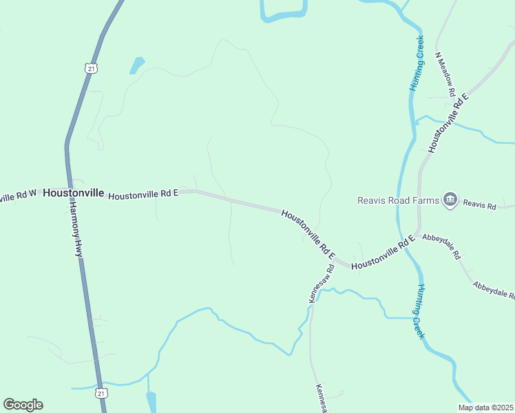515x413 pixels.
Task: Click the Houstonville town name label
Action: (x=73, y=193)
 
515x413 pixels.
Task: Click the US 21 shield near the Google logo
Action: (x=101, y=393)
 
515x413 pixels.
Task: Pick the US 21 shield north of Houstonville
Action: (x=92, y=67)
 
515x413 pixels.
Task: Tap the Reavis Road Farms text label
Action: (x=398, y=200)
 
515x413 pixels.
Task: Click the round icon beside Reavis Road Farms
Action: (x=450, y=200)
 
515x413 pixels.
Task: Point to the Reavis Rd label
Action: (x=479, y=204)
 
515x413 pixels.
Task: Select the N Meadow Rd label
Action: (x=445, y=73)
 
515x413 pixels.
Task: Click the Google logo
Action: (x=23, y=405)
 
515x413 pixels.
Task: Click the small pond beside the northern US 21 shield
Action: (x=137, y=65)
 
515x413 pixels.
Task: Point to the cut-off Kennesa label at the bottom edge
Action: (x=321, y=397)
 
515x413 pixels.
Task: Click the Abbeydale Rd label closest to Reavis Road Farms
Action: (x=441, y=245)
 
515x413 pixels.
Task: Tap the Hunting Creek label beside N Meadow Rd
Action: (x=417, y=63)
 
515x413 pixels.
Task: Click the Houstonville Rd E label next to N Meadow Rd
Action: (x=448, y=122)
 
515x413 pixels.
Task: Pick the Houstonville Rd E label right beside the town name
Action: (x=143, y=194)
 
